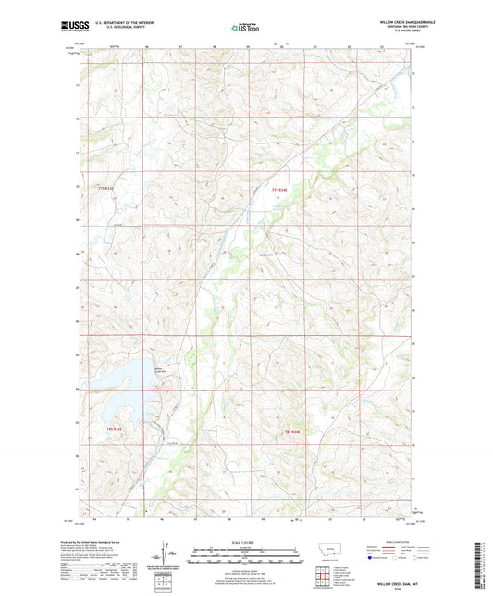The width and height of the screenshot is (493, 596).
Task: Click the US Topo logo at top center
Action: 244,29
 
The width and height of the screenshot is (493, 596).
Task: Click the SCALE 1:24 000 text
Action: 247,542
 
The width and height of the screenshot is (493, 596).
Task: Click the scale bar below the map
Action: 247,558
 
